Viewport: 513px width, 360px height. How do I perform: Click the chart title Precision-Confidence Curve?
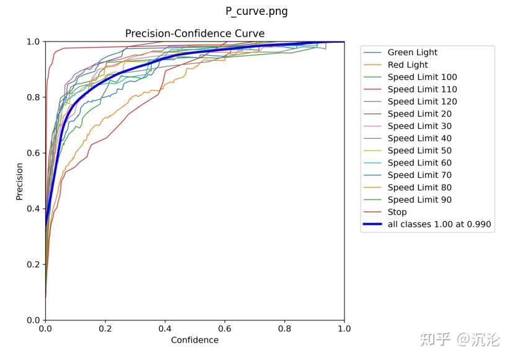click(x=195, y=33)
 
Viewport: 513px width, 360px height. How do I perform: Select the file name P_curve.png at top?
click(x=256, y=11)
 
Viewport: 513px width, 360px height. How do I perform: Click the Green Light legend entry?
click(x=412, y=53)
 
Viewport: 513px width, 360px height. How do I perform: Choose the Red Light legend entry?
click(x=408, y=65)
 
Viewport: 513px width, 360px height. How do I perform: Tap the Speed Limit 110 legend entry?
click(x=422, y=89)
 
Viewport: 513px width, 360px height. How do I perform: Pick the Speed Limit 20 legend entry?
click(x=419, y=114)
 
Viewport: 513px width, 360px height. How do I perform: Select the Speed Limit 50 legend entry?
click(x=419, y=151)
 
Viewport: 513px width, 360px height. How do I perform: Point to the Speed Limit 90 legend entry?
click(x=419, y=200)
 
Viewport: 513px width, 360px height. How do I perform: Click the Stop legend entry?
click(x=397, y=212)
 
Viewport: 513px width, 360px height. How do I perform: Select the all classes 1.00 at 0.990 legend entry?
click(x=440, y=224)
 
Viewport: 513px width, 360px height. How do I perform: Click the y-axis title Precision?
click(x=19, y=181)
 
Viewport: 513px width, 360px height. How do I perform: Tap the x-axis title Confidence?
click(x=195, y=340)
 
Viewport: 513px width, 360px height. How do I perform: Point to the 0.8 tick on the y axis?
click(x=33, y=97)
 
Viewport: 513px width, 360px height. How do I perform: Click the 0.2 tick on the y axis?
click(x=33, y=265)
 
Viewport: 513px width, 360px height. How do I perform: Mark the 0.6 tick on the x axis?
click(x=225, y=329)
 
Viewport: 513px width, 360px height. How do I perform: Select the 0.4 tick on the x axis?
click(x=165, y=329)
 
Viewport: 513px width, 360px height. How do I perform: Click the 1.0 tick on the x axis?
click(x=344, y=329)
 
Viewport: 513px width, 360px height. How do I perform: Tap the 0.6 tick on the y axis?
click(x=33, y=153)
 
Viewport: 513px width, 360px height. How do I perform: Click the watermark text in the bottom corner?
click(x=459, y=339)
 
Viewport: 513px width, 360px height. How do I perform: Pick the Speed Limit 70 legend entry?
click(x=419, y=175)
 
